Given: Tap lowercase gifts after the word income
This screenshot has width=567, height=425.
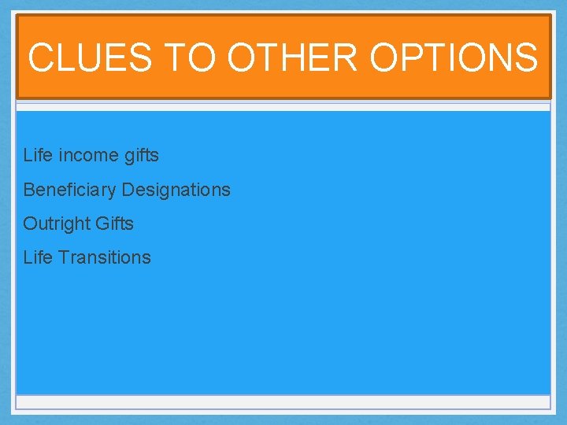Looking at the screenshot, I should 142,156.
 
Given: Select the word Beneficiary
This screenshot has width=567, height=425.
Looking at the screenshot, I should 69,190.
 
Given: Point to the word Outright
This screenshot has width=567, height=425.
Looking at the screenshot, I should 56,224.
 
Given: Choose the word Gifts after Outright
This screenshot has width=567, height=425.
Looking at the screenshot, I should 114,224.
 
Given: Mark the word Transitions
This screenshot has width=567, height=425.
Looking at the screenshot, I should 103,257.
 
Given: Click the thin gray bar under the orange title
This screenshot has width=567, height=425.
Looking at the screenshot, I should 283,106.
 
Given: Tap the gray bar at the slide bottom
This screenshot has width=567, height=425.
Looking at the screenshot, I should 283,402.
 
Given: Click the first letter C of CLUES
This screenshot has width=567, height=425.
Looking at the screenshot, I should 40,57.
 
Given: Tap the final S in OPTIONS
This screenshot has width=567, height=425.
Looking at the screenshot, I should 527,57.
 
